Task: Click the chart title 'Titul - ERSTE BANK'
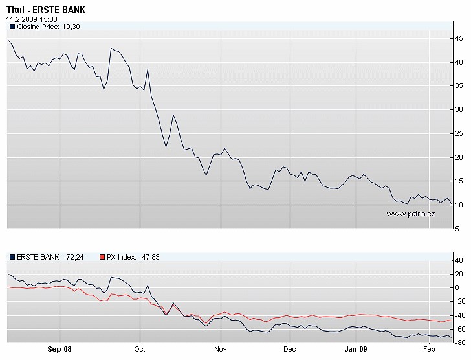[45, 10]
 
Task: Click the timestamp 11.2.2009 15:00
[32, 19]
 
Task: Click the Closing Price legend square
[12, 27]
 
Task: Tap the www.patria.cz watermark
[410, 213]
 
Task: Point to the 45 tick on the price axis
[458, 39]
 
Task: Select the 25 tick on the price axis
[458, 133]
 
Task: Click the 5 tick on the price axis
[457, 229]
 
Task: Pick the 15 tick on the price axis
[458, 181]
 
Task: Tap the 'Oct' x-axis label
[140, 348]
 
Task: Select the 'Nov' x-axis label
[221, 348]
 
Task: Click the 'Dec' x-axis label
[290, 348]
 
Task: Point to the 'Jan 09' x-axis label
[356, 348]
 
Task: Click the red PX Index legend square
[102, 257]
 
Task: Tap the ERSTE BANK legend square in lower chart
[12, 257]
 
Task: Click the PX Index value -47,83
[149, 257]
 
